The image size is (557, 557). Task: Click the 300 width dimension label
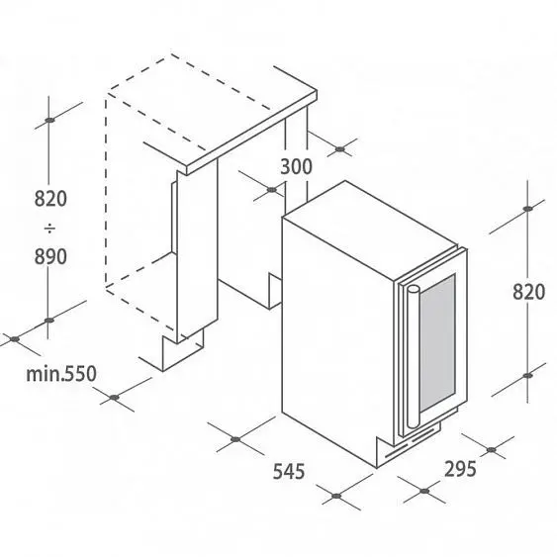click(x=296, y=166)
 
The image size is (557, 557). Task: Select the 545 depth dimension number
click(x=289, y=472)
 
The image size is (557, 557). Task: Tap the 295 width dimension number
click(x=460, y=469)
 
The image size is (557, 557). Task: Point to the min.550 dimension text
click(x=61, y=374)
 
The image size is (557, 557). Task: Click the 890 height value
click(x=50, y=256)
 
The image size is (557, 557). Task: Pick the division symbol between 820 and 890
click(x=49, y=228)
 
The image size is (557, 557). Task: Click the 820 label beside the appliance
click(x=528, y=292)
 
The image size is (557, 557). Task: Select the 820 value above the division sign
click(x=50, y=199)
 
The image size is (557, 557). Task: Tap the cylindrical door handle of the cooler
click(x=413, y=356)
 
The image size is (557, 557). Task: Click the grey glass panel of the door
click(x=437, y=343)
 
